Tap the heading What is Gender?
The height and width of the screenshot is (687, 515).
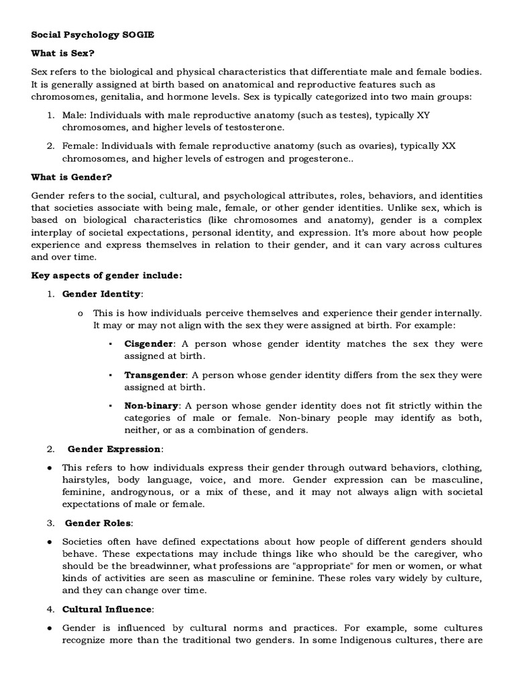coord(72,177)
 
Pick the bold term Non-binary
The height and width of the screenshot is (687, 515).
coord(152,406)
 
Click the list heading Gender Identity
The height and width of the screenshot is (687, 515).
coord(102,294)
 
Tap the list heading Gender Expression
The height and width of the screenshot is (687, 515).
coord(114,449)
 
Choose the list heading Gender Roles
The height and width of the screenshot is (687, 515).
coord(99,523)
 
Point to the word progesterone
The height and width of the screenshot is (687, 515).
coord(314,159)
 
